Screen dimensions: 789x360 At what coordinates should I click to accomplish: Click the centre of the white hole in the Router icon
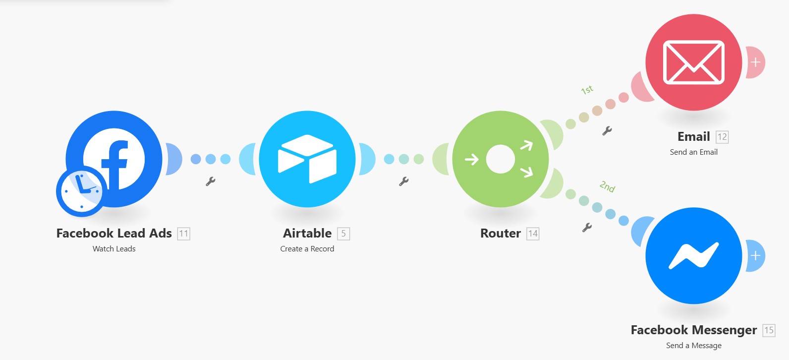500,159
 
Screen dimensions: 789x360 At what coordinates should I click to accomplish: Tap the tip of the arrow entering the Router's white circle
479,160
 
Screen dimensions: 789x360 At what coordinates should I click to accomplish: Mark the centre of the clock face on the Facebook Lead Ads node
82,191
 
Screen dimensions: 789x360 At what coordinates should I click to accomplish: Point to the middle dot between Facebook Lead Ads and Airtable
211,159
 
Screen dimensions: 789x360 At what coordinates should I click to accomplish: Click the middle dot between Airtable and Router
403,159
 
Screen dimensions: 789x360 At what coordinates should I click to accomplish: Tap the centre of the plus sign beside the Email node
755,62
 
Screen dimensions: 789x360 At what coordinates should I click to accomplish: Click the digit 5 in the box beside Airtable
343,233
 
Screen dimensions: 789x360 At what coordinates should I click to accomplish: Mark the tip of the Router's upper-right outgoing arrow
532,142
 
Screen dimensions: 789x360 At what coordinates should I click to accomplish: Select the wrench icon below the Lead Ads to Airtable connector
210,181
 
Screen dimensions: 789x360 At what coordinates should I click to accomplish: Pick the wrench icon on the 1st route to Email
607,131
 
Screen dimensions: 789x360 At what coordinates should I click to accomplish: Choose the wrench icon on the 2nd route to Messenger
587,228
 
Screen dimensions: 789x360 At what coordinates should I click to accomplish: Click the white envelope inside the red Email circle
693,62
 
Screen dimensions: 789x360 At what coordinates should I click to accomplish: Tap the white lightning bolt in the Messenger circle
693,256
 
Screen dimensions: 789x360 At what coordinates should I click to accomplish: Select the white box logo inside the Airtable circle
307,159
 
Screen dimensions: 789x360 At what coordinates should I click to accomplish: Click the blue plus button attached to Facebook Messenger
755,256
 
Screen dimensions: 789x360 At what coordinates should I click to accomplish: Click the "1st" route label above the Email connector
587,90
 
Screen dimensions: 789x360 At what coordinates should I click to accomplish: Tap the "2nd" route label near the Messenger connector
607,186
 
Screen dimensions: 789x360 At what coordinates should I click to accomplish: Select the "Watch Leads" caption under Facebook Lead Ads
114,249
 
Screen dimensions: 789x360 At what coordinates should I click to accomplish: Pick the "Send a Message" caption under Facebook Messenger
693,346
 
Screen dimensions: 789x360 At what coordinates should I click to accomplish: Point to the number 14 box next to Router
533,234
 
